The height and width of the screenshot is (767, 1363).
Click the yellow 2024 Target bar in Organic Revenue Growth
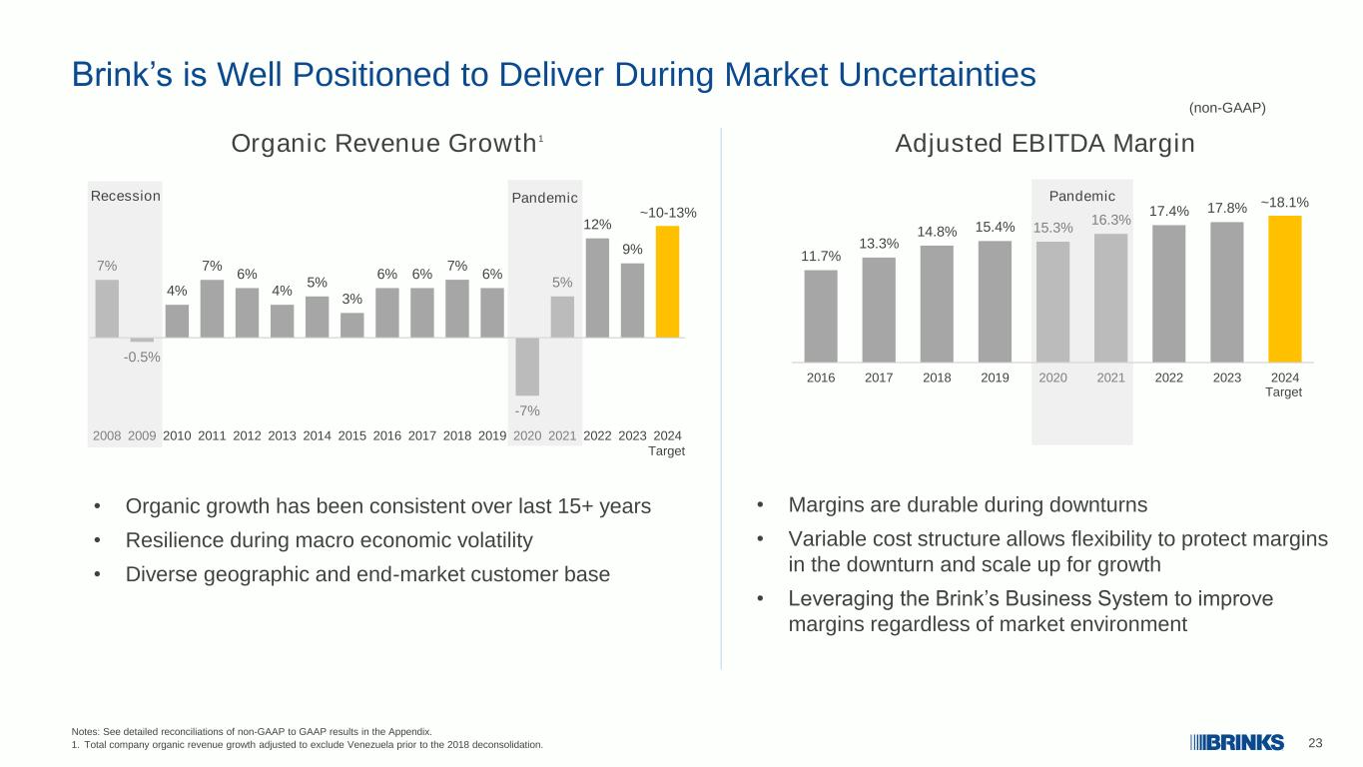667,282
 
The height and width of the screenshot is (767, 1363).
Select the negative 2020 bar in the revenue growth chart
527,367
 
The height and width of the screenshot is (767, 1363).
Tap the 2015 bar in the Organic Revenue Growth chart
351,325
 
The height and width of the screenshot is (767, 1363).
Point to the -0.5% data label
142,358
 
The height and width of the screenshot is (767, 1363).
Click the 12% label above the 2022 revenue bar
597,224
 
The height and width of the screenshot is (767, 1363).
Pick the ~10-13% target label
667,213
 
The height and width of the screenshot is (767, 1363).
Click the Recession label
126,196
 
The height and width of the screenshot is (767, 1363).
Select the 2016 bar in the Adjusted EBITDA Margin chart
820,317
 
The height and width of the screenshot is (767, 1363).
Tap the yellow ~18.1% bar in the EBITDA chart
1284,290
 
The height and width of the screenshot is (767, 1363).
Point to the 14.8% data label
937,232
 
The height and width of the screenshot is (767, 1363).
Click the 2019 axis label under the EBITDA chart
995,378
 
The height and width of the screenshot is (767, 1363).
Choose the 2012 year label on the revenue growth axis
247,435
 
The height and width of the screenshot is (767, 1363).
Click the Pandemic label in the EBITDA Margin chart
1081,196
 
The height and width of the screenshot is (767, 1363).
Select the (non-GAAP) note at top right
1226,108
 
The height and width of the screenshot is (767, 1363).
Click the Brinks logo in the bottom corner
1237,743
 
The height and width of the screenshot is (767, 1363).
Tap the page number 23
1315,743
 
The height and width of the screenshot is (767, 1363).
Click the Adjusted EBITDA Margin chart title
1044,144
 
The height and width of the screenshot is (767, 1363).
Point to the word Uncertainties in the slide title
937,75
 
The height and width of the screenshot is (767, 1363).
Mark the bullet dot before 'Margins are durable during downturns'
759,504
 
